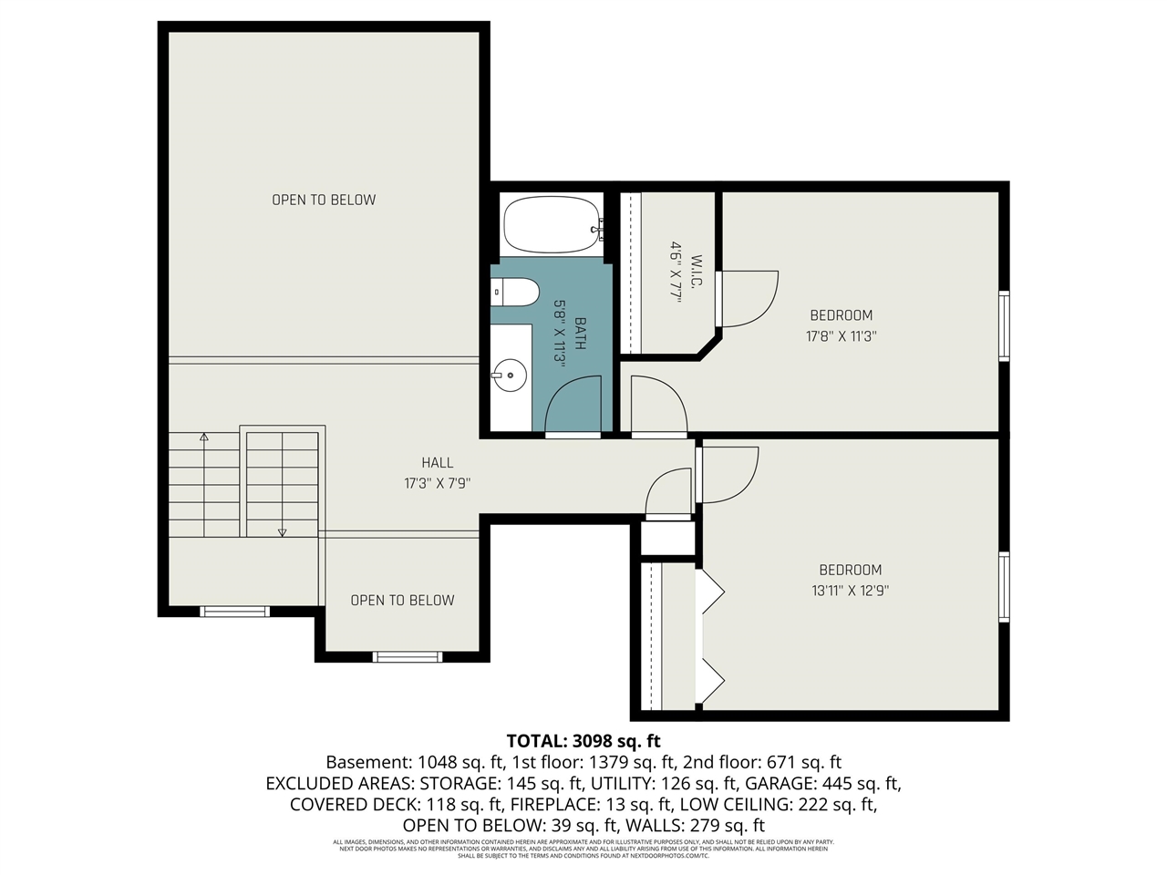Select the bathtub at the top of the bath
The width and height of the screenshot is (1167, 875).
[x=551, y=225]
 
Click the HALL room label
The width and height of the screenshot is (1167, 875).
[x=437, y=463]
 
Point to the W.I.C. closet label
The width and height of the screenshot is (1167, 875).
[x=696, y=272]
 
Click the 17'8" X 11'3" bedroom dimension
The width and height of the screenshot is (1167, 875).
[x=841, y=335]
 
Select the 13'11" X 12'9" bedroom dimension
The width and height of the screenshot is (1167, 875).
[x=850, y=590]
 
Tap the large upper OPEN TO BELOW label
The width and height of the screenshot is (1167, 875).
[x=324, y=200]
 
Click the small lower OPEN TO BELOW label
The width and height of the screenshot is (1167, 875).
[x=402, y=600]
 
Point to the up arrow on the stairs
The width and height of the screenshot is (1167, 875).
[x=204, y=437]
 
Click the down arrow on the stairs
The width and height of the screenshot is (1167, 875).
[x=283, y=531]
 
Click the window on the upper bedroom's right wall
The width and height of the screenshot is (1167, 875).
[x=1004, y=325]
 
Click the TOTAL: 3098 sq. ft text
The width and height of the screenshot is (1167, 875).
[x=583, y=740]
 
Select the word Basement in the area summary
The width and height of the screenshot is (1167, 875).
[x=367, y=762]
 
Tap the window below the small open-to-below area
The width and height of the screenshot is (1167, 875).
[x=408, y=655]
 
